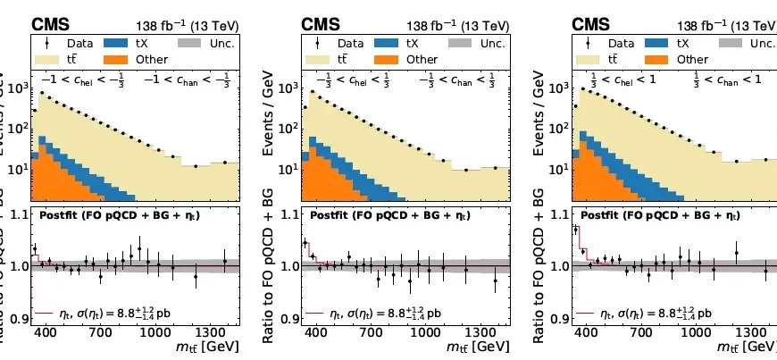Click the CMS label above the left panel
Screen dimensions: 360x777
51,22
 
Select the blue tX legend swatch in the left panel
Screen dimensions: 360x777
118,42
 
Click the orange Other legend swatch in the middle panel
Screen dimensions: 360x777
389,59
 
